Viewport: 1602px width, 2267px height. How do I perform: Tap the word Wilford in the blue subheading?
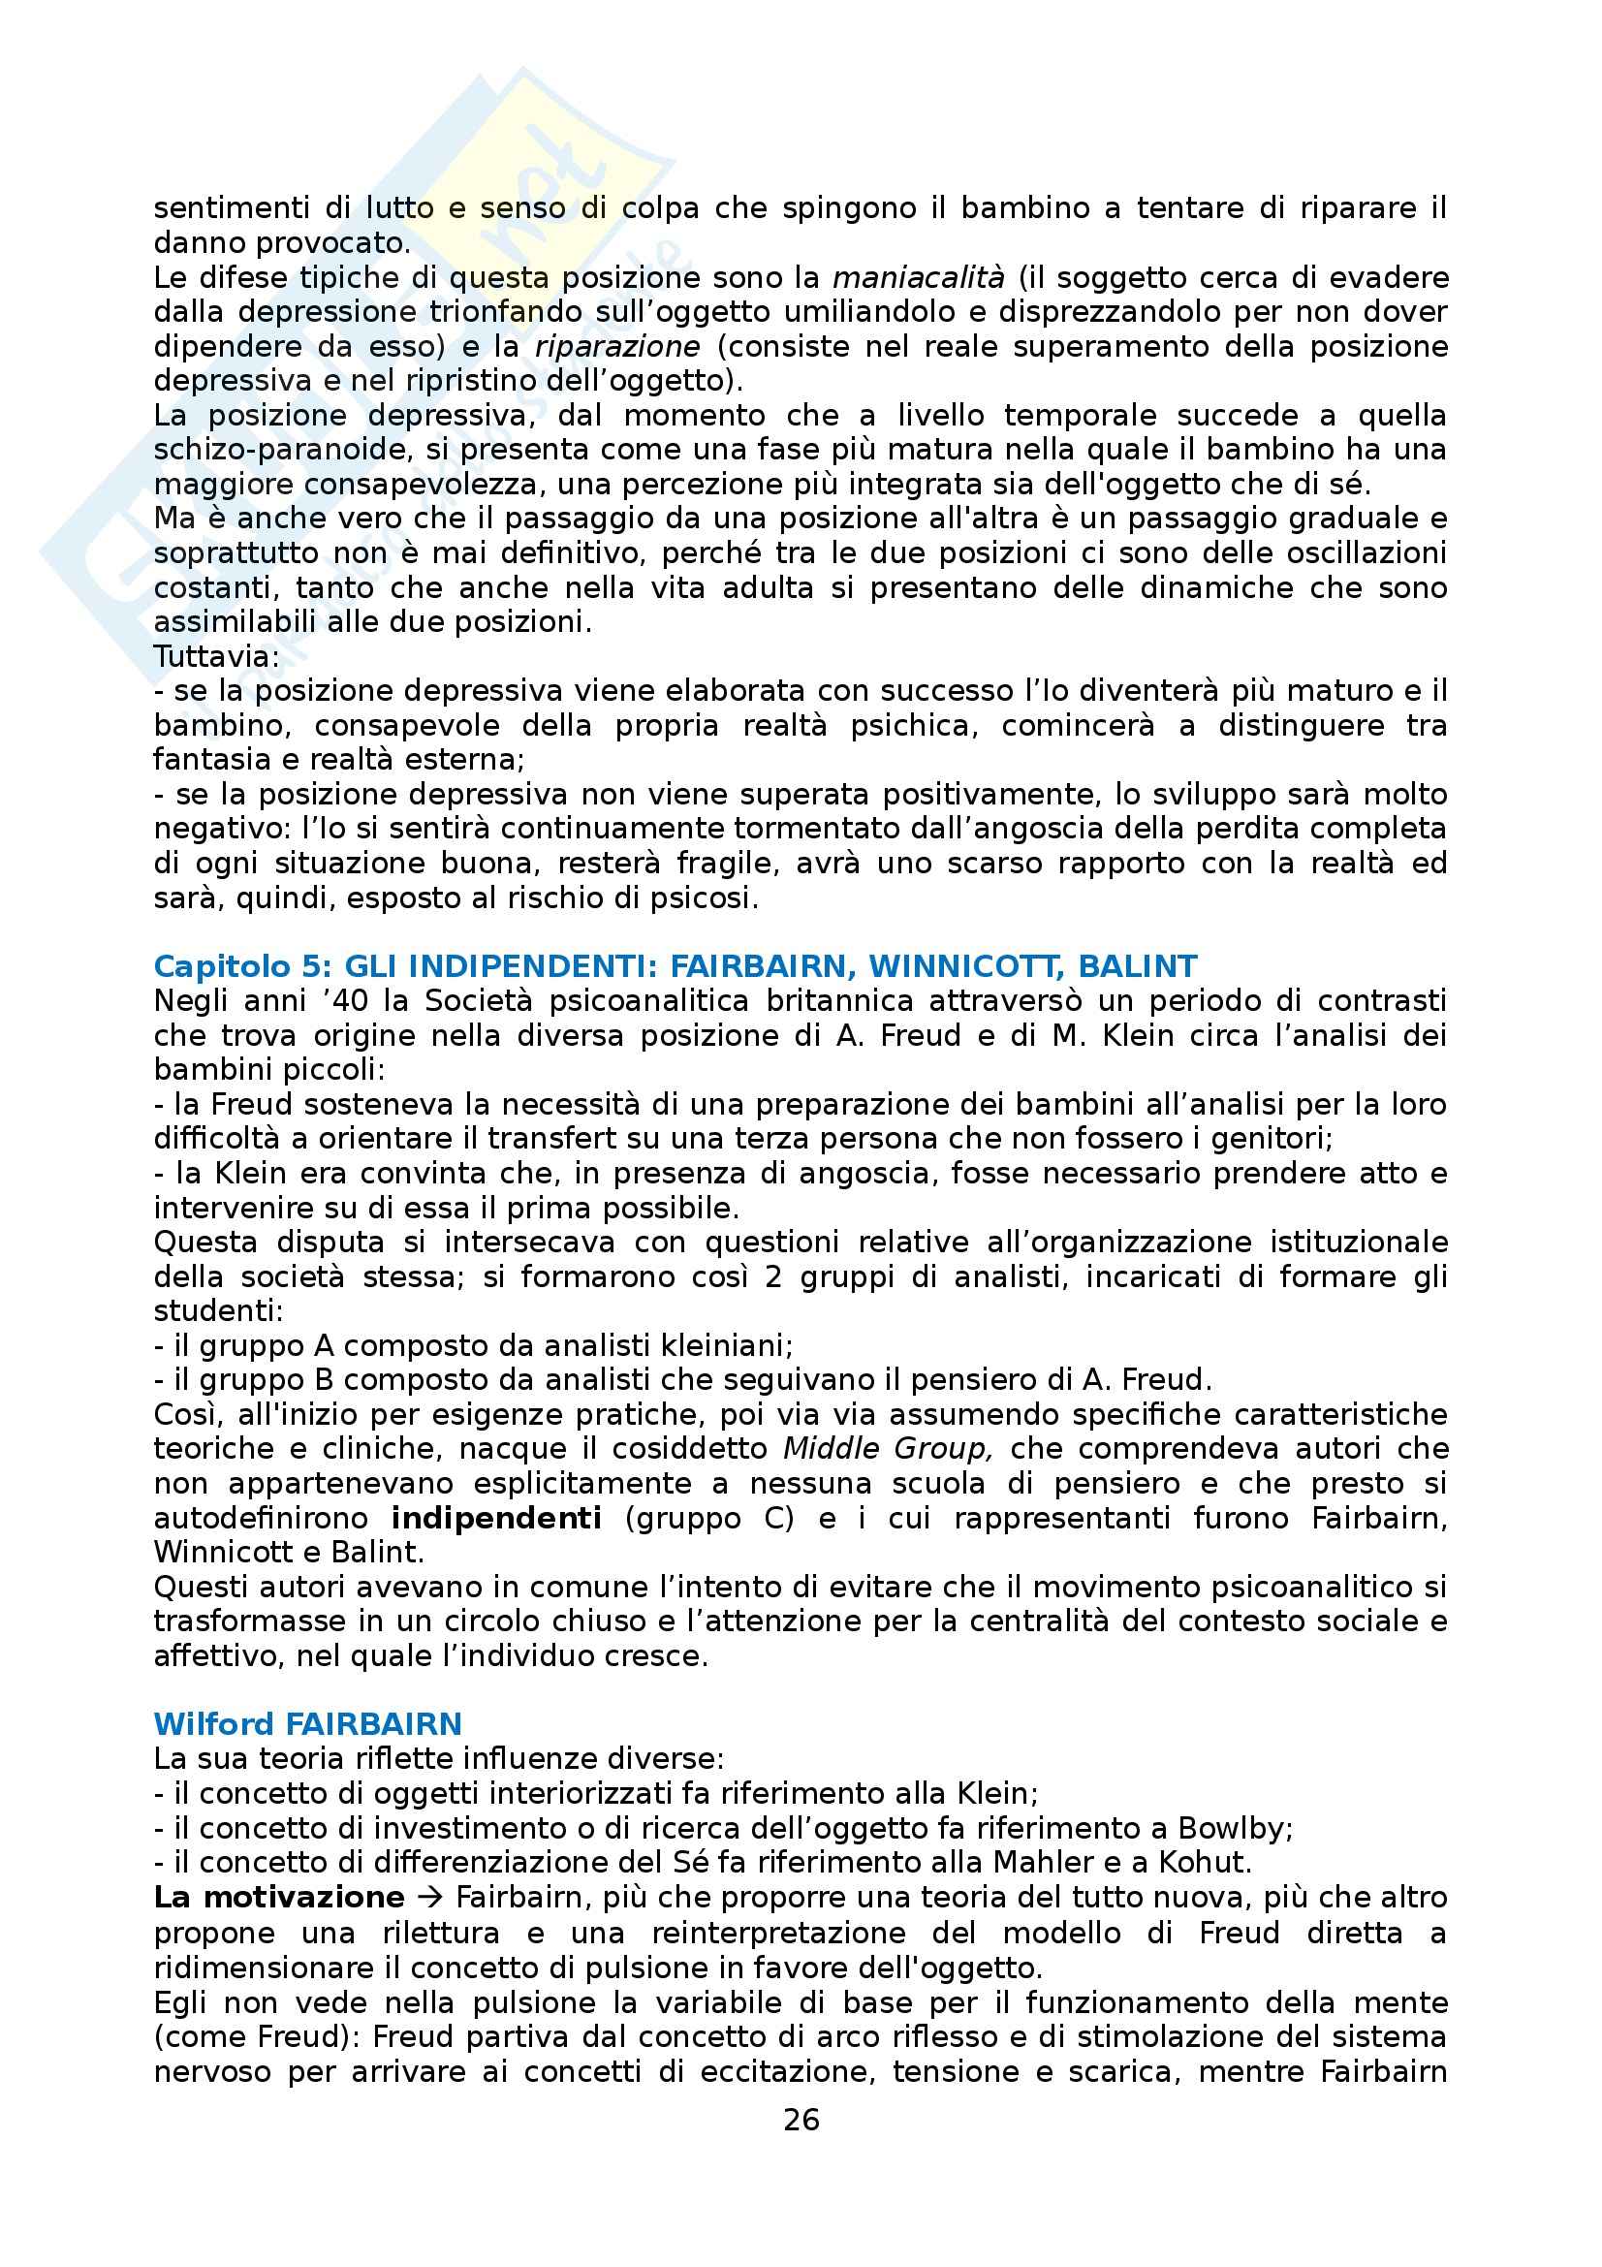tap(212, 1724)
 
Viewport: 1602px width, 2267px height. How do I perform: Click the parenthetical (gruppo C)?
tap(709, 1518)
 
